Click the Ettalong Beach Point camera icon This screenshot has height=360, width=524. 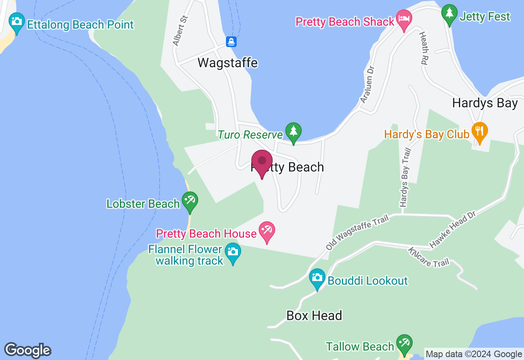tap(16, 20)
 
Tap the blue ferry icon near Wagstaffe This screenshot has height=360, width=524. tap(231, 41)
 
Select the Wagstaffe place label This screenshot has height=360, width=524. tap(228, 63)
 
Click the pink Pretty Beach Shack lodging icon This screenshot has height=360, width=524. tap(404, 19)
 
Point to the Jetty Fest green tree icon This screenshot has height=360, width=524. tap(449, 13)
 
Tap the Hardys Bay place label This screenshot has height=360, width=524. tap(485, 103)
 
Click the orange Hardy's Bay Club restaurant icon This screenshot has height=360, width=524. tap(479, 131)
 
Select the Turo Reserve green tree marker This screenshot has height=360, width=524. tap(293, 131)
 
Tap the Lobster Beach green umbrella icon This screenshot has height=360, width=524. tap(190, 200)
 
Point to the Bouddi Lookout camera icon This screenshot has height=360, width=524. tap(317, 278)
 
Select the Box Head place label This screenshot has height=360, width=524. tap(314, 315)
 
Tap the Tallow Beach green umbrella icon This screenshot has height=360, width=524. tap(404, 343)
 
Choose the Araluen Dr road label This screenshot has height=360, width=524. tap(367, 84)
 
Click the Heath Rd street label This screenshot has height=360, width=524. tap(423, 49)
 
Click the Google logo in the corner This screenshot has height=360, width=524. tap(27, 350)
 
